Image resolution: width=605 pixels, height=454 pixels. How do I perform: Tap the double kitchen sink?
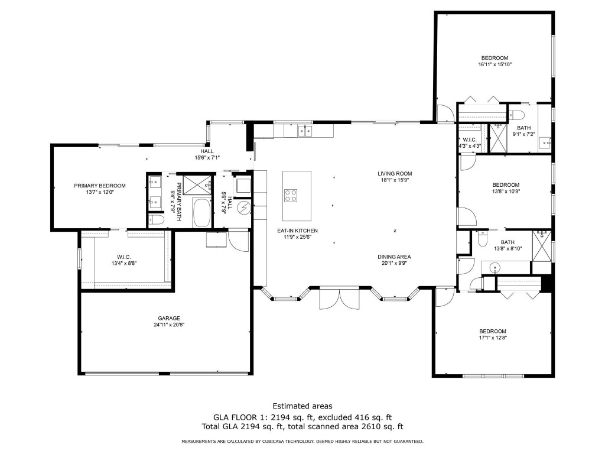pos(305,131)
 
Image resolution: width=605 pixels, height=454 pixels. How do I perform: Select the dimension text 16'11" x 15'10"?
pos(494,64)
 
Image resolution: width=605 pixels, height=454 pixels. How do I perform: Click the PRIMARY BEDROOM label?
pos(100,186)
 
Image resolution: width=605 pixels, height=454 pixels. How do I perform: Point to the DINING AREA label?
pos(394,257)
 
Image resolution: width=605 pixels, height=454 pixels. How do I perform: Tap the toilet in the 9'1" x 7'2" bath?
pos(517,114)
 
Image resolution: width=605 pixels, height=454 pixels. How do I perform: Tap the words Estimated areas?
pos(302,406)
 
